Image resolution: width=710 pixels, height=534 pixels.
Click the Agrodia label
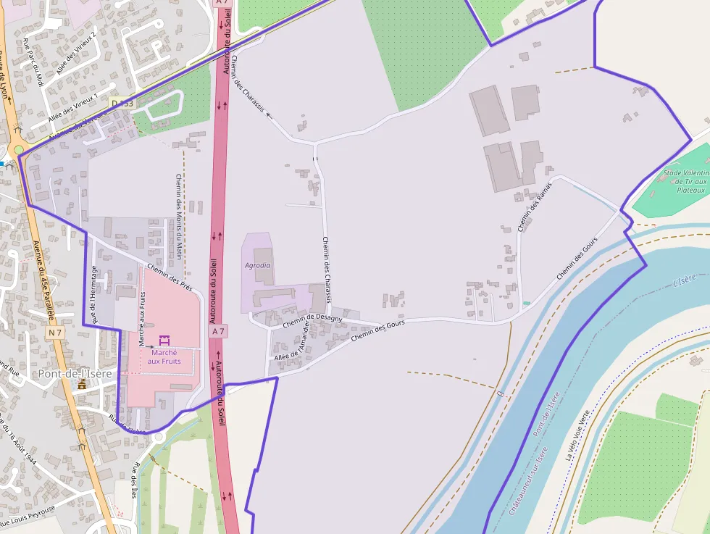click(x=258, y=265)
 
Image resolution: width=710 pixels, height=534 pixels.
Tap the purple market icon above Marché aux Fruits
click(x=164, y=340)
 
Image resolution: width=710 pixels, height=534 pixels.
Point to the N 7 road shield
click(x=55, y=333)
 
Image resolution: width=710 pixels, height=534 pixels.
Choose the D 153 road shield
click(x=123, y=104)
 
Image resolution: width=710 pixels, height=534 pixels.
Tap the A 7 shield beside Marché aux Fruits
click(x=218, y=331)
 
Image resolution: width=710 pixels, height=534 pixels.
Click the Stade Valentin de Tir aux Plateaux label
click(x=684, y=181)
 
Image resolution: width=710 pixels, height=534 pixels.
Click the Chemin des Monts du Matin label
click(x=178, y=216)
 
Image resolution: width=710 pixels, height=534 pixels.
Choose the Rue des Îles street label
click(x=135, y=480)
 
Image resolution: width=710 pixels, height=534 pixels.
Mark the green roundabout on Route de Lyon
click(x=18, y=149)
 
